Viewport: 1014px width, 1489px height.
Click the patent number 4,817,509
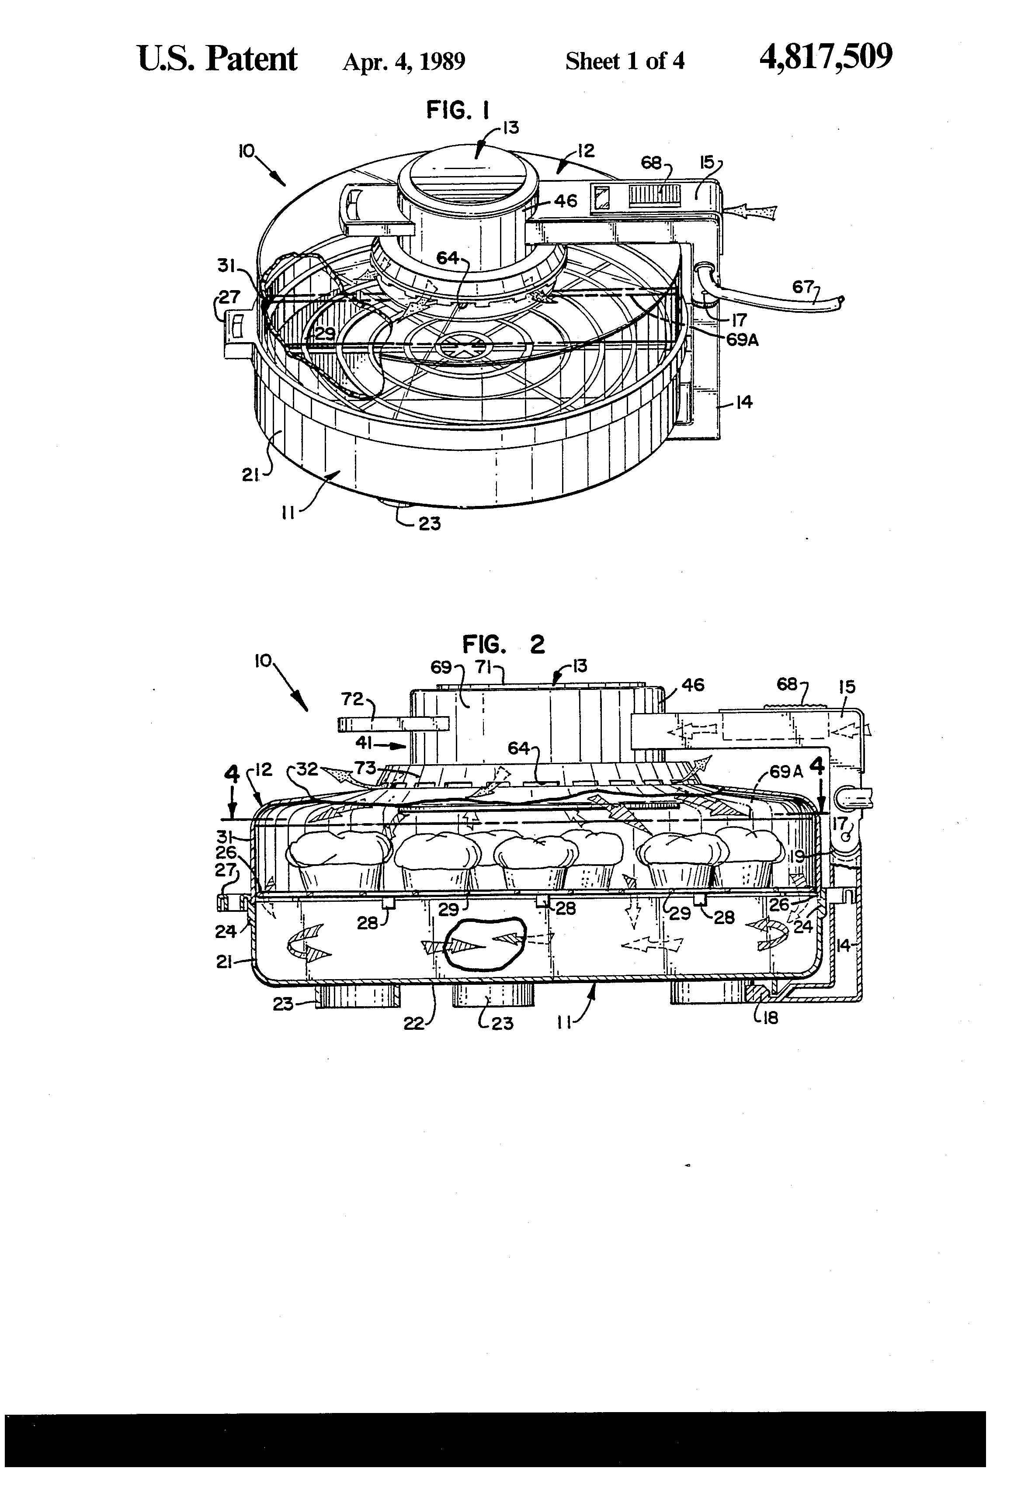pyautogui.click(x=826, y=58)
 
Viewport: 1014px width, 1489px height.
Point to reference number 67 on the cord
pyautogui.click(x=802, y=287)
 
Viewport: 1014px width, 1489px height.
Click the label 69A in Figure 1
pyautogui.click(x=742, y=339)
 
